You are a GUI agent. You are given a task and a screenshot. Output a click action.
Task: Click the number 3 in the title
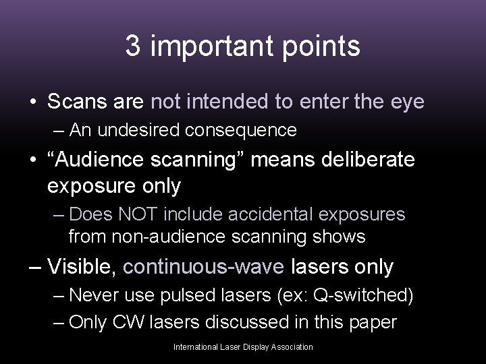133,47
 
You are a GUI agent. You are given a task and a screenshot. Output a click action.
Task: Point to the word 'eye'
406,102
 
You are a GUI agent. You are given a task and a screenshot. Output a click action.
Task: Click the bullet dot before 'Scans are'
32,102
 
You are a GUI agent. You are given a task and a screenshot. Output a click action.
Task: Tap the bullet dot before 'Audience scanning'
32,162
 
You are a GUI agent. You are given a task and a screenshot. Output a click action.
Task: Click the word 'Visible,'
84,267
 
